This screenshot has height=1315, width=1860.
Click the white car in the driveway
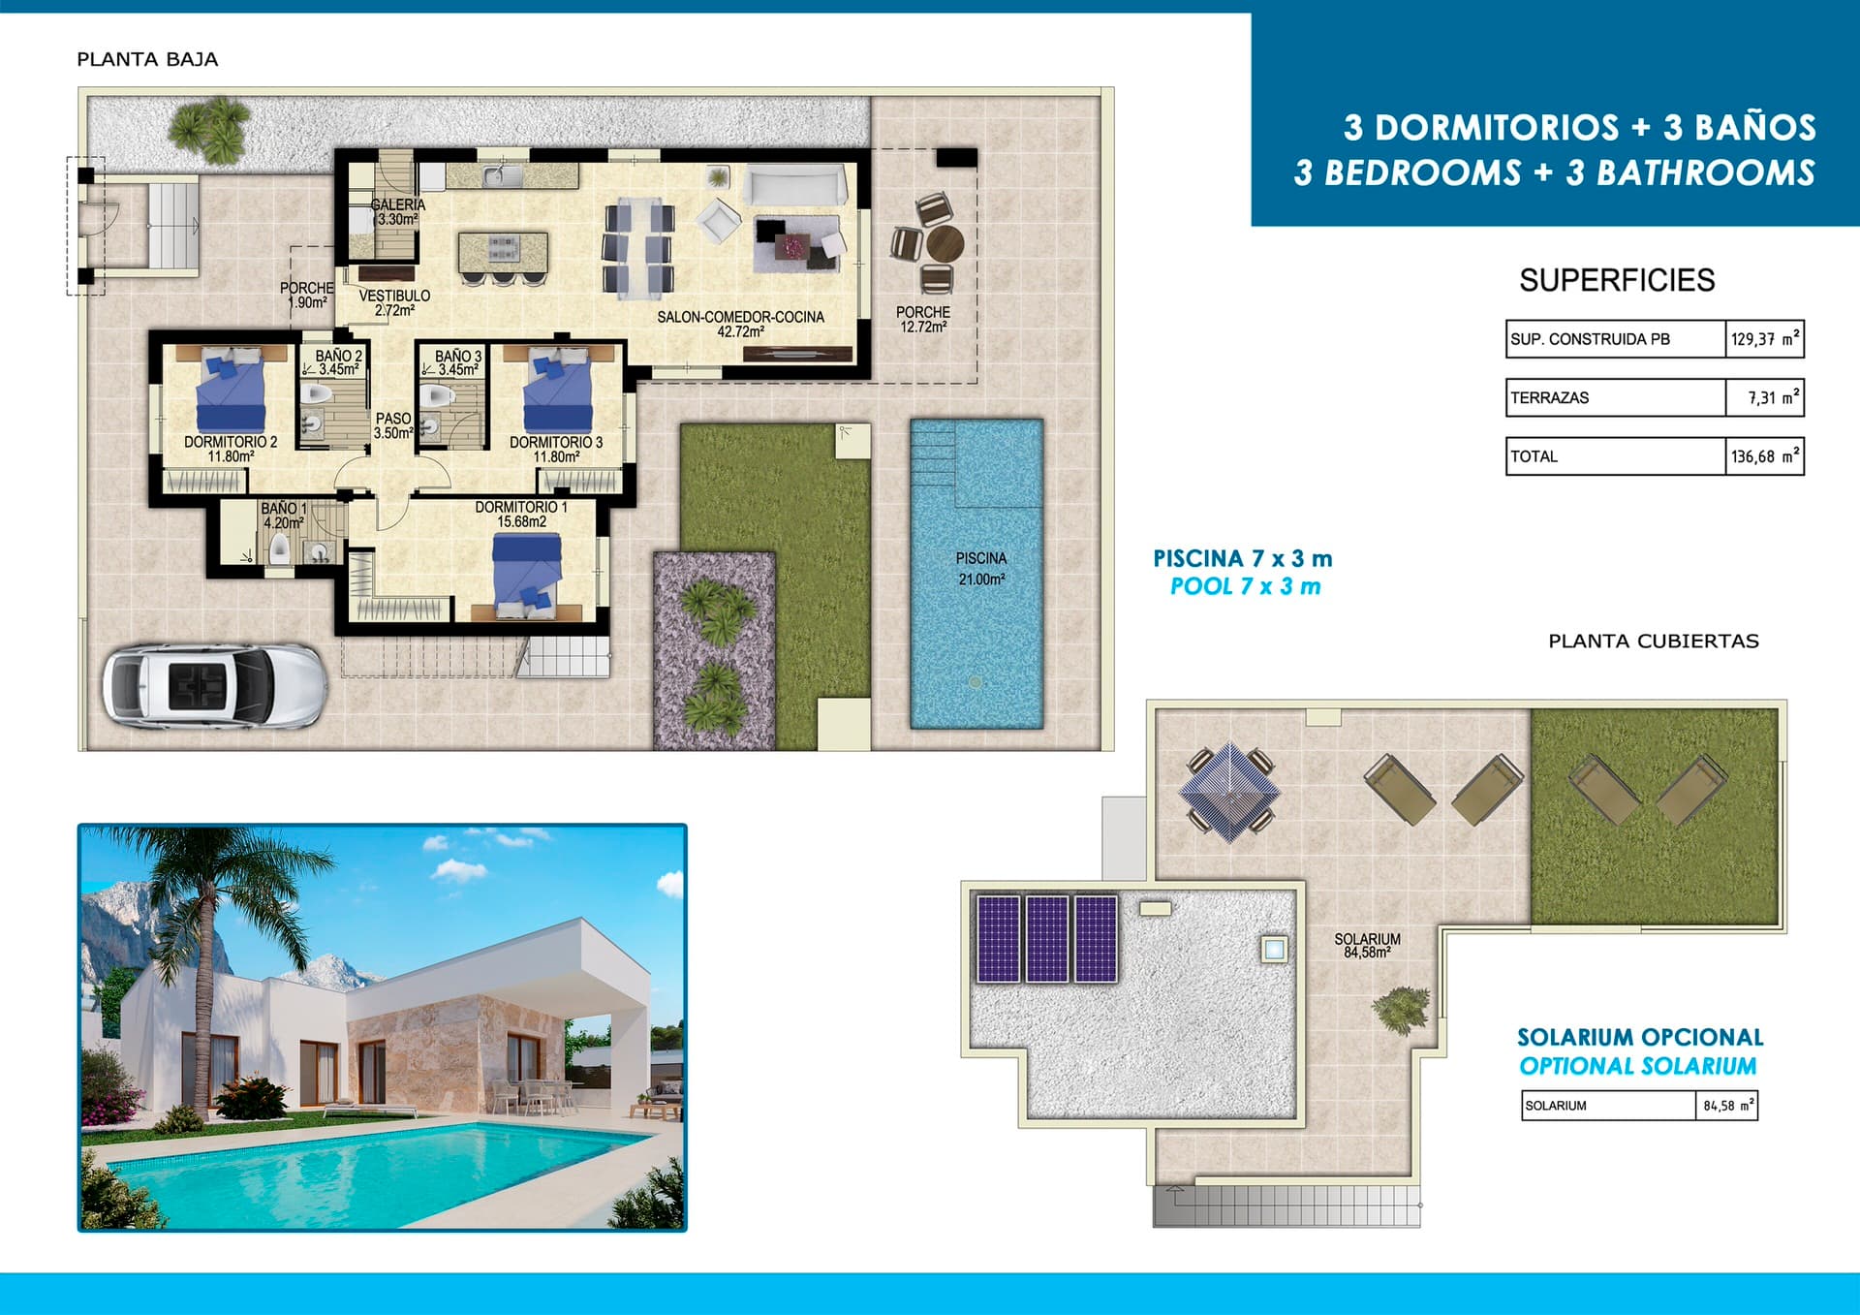click(x=215, y=685)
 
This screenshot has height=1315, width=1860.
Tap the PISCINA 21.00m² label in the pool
click(x=980, y=569)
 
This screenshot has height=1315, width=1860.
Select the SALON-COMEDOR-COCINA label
click(x=740, y=324)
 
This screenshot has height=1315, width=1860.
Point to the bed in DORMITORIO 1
click(x=526, y=577)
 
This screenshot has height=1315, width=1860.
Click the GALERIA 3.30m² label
click(x=397, y=211)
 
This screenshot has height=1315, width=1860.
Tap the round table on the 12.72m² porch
click(x=944, y=242)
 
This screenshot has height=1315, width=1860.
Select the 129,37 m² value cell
click(x=1764, y=339)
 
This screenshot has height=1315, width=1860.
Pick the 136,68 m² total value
click(x=1764, y=456)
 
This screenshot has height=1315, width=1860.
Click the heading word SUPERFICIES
click(x=1616, y=280)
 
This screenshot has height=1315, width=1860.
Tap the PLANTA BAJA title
click(x=147, y=59)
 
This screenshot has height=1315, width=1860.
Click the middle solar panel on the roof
click(x=1046, y=938)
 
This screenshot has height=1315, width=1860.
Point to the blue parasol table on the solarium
click(x=1229, y=791)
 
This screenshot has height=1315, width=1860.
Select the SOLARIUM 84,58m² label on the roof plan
click(x=1367, y=946)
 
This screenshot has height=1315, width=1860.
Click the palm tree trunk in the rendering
click(x=204, y=998)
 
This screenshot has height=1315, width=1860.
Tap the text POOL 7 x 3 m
click(x=1245, y=586)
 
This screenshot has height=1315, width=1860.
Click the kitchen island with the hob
click(x=503, y=251)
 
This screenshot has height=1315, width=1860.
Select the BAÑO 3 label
click(x=457, y=362)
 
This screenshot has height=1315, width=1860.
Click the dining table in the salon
click(x=637, y=247)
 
